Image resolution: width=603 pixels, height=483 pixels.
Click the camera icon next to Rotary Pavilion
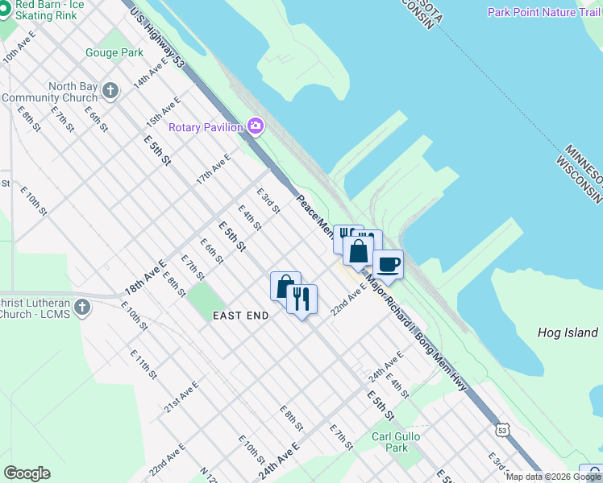pyautogui.click(x=256, y=126)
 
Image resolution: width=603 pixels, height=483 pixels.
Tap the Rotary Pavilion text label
pyautogui.click(x=206, y=127)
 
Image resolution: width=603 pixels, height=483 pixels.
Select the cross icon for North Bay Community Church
pyautogui.click(x=110, y=91)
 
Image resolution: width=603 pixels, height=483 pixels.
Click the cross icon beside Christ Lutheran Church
pyautogui.click(x=81, y=307)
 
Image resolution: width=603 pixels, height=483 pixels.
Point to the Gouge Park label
pyautogui.click(x=114, y=53)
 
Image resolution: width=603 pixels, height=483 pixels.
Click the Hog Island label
pyautogui.click(x=568, y=332)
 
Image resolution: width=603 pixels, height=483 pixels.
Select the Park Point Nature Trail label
pyautogui.click(x=543, y=12)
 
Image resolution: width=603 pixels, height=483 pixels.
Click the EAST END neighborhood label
pyautogui.click(x=240, y=316)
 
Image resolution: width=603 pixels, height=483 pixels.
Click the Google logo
pyautogui.click(x=27, y=473)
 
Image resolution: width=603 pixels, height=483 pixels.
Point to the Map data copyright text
pyautogui.click(x=553, y=477)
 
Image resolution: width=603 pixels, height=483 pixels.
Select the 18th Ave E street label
pyautogui.click(x=144, y=277)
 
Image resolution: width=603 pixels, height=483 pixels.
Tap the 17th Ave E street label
pyautogui.click(x=214, y=169)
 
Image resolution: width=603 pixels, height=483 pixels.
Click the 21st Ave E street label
pyautogui.click(x=181, y=398)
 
